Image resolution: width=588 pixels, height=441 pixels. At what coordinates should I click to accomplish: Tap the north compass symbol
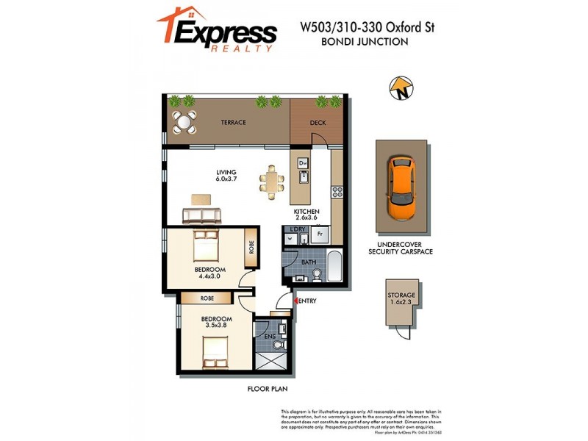pyautogui.click(x=401, y=90)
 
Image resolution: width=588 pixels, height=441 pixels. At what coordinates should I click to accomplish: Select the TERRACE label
pyautogui.click(x=234, y=123)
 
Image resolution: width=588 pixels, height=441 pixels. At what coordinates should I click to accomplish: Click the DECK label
pyautogui.click(x=318, y=123)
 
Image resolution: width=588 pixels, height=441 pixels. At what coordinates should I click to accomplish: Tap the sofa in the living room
pyautogui.click(x=201, y=215)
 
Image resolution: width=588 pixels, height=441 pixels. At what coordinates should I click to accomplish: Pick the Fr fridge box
pyautogui.click(x=320, y=235)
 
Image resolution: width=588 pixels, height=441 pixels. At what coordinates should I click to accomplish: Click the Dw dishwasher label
pyautogui.click(x=303, y=162)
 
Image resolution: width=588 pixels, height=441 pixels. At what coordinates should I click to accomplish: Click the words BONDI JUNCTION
pyautogui.click(x=365, y=42)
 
